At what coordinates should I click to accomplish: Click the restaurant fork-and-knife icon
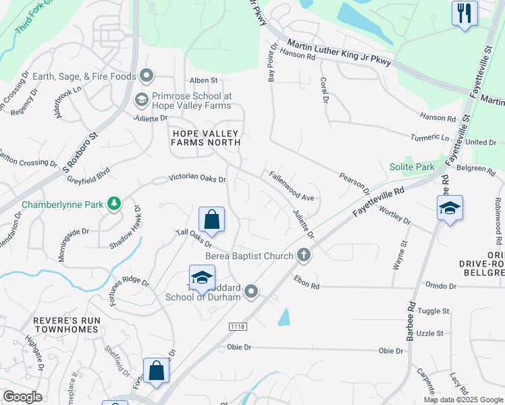(x=464, y=13)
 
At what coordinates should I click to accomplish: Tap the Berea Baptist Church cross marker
(x=304, y=255)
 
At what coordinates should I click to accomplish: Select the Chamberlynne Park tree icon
(x=114, y=202)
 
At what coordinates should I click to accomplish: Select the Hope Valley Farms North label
(x=205, y=138)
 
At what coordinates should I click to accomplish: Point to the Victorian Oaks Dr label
(x=196, y=178)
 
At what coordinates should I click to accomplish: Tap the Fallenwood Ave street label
(x=292, y=187)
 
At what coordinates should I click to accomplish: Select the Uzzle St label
(x=430, y=333)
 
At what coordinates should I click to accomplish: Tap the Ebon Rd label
(x=307, y=281)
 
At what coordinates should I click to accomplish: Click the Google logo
(x=22, y=397)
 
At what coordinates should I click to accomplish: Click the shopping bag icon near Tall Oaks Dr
(x=211, y=219)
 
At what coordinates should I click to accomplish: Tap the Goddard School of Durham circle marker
(x=252, y=292)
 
